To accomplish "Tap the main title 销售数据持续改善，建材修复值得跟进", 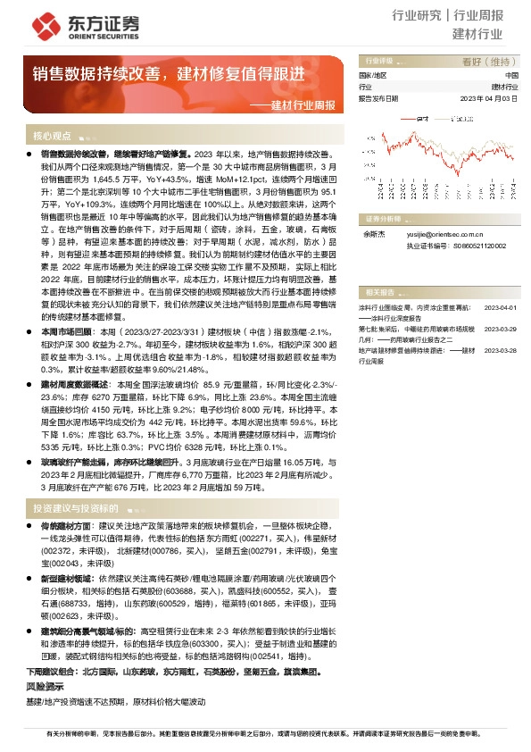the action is [x=169, y=74].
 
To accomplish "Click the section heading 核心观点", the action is [x=52, y=137].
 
